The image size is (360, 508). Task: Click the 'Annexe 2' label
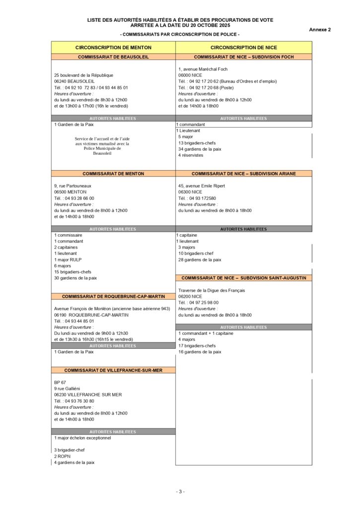click(320, 30)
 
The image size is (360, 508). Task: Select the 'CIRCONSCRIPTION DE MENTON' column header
click(113, 47)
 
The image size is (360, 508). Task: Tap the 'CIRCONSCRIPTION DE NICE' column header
click(244, 47)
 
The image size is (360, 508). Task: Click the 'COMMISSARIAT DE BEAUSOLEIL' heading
click(113, 57)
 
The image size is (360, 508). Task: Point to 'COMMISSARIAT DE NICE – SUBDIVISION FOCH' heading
click(244, 57)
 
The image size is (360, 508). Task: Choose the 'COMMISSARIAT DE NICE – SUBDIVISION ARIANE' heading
click(244, 174)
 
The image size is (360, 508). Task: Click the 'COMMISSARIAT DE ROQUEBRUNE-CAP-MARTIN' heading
click(113, 296)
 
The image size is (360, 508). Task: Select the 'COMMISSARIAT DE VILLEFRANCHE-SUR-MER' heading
click(113, 370)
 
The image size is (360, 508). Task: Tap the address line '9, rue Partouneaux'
click(72, 186)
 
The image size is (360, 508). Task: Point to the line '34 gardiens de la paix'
click(200, 149)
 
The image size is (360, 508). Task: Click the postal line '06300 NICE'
click(190, 192)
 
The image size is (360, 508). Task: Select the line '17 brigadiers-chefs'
click(197, 346)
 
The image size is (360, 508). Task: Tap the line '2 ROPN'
click(62, 456)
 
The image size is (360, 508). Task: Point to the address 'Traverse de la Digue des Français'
click(212, 290)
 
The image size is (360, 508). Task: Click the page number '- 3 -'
click(180, 492)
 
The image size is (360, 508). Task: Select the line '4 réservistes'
click(191, 155)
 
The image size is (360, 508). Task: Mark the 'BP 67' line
click(60, 382)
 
